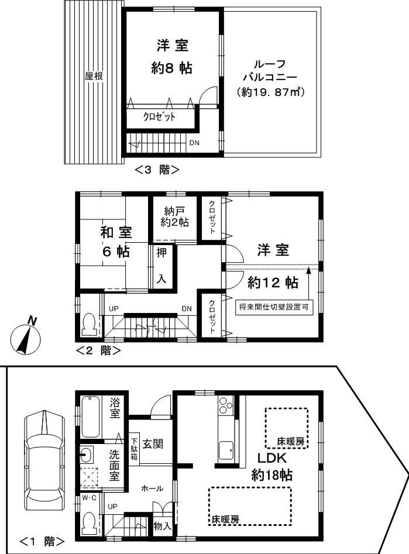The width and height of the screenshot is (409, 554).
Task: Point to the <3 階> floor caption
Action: pyautogui.click(x=156, y=170)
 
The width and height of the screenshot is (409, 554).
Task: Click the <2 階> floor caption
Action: pyautogui.click(x=98, y=351)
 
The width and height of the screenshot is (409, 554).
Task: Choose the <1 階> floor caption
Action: pyautogui.click(x=42, y=541)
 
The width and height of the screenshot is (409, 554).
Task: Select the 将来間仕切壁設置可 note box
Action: pyautogui.click(x=274, y=307)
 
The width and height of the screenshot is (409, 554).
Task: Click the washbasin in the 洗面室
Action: pyautogui.click(x=87, y=453)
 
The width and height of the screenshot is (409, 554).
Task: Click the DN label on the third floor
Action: pyautogui.click(x=194, y=142)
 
